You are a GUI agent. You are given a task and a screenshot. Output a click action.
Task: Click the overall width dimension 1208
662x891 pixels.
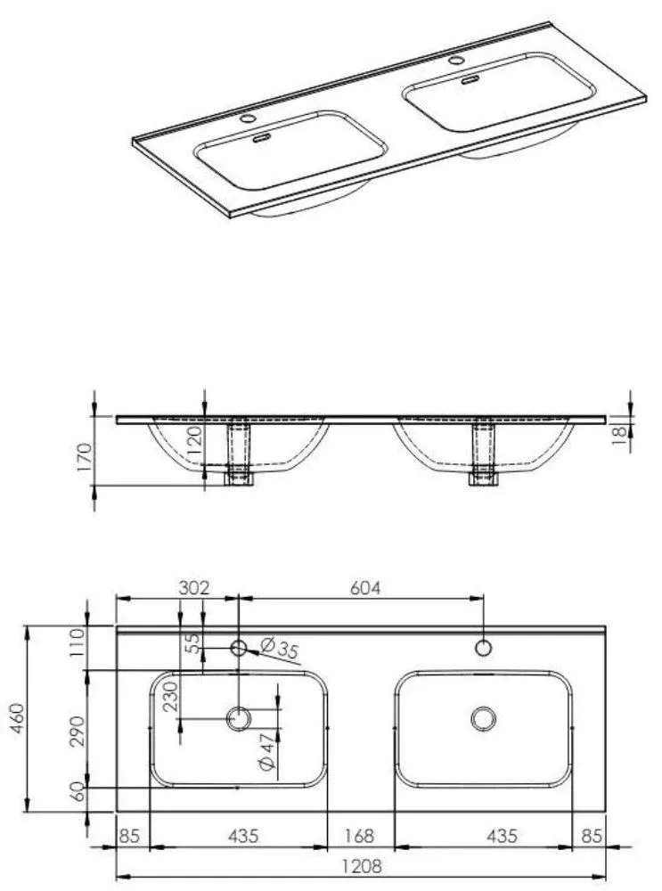coord(362,867)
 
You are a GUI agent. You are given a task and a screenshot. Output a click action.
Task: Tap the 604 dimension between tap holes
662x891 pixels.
coord(364,587)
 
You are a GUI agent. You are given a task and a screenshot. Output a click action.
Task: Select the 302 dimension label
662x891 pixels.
coord(193,587)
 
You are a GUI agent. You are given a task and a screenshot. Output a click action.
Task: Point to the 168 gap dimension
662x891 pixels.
coord(360,836)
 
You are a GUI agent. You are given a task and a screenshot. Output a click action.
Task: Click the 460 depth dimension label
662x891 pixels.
coord(17,718)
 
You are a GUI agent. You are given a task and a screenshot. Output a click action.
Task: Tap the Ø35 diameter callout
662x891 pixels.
coord(280,648)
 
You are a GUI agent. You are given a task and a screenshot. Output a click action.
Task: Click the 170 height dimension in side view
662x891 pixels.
coord(84,456)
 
